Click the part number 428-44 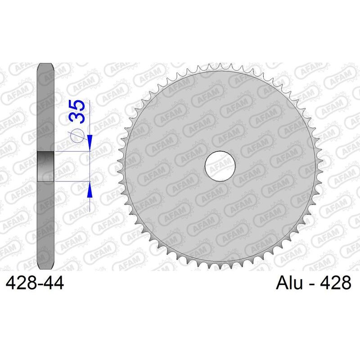point(35,283)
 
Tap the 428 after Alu point(335,283)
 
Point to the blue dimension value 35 point(77,112)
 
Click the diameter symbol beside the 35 point(77,135)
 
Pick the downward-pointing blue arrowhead point(90,143)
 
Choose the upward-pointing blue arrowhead point(90,190)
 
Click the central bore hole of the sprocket point(220,166)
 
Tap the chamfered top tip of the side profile point(45,65)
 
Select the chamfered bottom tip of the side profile point(45,267)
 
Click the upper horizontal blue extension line point(72,152)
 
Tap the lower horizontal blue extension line point(72,182)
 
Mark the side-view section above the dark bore point(45,108)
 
